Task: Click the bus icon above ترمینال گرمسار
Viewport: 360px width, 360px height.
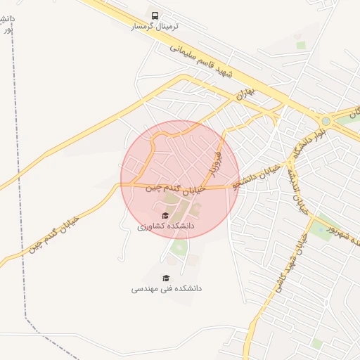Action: pyautogui.click(x=155, y=15)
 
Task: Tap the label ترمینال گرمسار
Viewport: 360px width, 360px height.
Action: pyautogui.click(x=155, y=26)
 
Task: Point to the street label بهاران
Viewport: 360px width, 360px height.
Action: pyautogui.click(x=243, y=91)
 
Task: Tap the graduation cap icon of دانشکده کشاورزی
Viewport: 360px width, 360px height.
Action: pyautogui.click(x=165, y=216)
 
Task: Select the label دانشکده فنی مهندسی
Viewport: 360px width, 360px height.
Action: pyautogui.click(x=166, y=288)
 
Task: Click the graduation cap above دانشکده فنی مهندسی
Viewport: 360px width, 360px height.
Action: pyautogui.click(x=166, y=278)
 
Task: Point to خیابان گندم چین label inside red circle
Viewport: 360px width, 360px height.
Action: pyautogui.click(x=176, y=188)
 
